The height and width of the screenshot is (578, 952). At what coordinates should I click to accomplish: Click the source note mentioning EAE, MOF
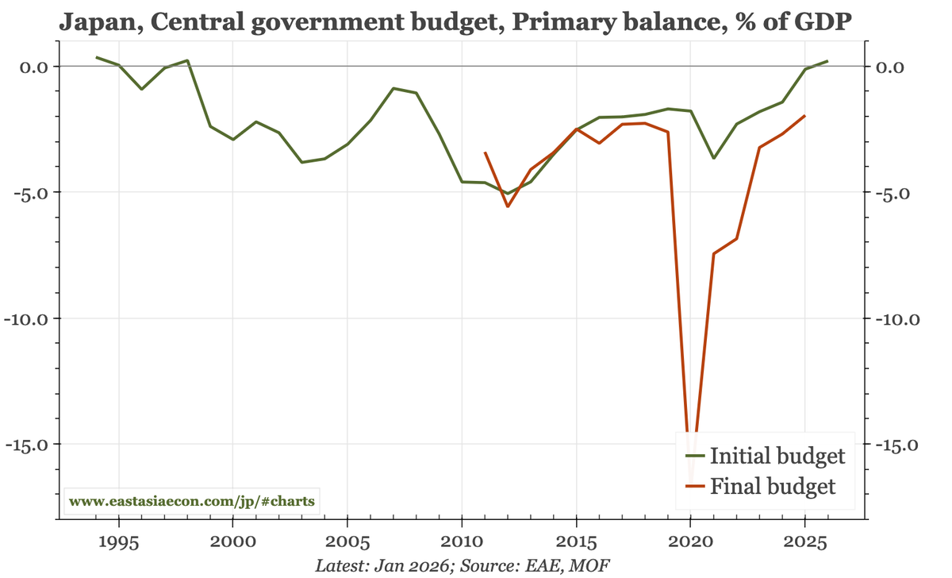[x=463, y=565]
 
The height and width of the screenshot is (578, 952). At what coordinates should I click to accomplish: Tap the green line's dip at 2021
[x=713, y=158]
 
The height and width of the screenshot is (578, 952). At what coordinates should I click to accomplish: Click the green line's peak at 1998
[x=187, y=60]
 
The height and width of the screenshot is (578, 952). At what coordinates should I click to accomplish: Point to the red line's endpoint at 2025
[x=805, y=116]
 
